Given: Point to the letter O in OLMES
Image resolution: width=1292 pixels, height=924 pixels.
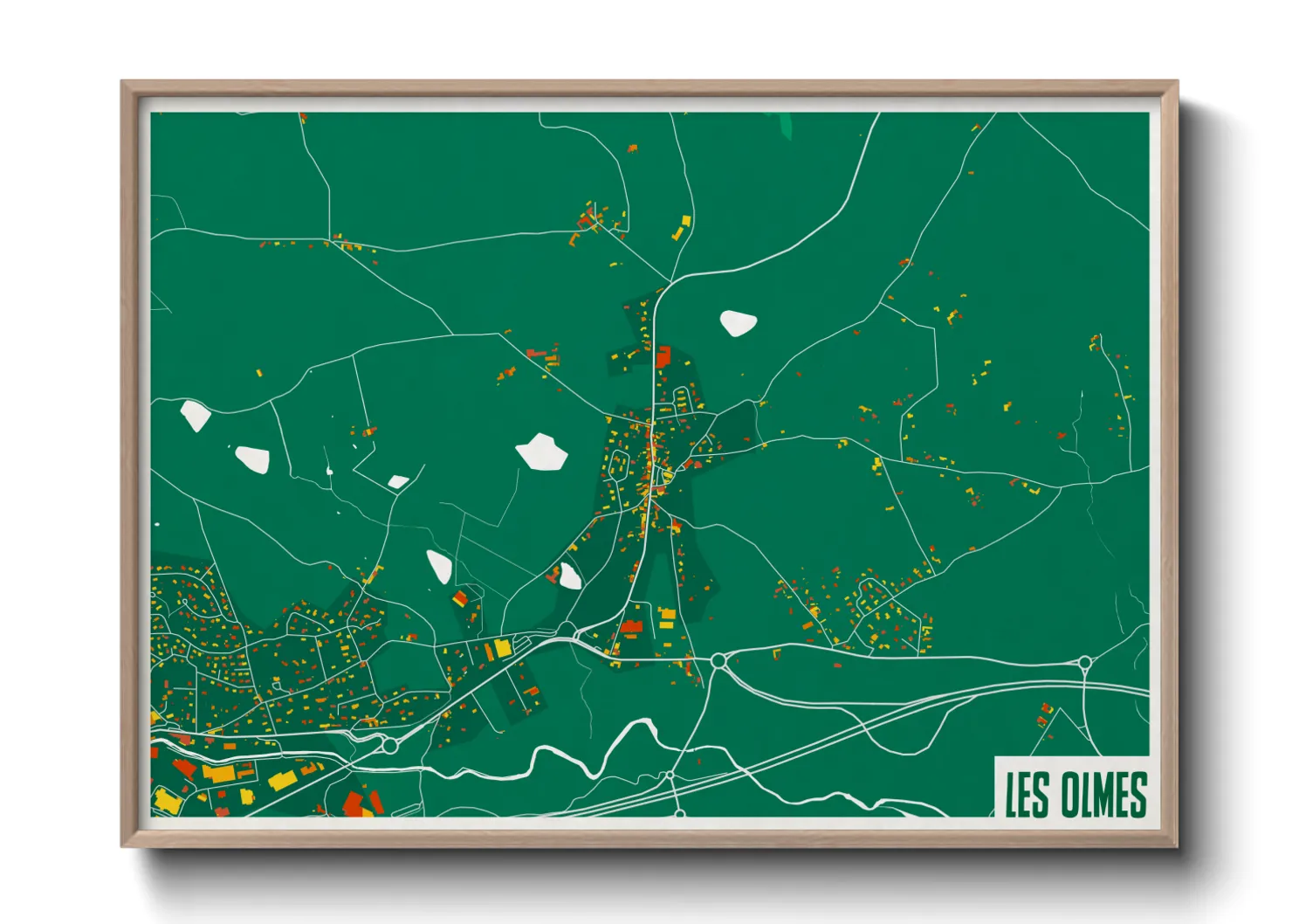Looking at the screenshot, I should tap(1070, 794).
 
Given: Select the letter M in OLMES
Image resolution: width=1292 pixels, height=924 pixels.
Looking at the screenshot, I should tap(1106, 794).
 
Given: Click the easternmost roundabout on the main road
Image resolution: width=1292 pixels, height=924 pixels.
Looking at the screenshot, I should tap(1084, 663).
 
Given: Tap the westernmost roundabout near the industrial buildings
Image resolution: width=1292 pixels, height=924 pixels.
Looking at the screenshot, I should tap(389, 745).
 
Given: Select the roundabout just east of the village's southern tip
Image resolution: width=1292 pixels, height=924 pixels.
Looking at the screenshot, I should tap(718, 662).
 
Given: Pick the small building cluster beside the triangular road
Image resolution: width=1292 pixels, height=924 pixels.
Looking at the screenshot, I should tap(1044, 716).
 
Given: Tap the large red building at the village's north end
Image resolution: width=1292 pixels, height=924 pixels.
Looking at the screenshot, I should tap(663, 356).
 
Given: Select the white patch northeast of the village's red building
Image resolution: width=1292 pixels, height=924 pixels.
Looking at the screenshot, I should tap(738, 323).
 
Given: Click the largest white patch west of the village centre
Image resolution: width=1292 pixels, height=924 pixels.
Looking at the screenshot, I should tap(542, 452).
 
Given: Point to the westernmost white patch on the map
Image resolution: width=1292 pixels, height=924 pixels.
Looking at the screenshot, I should tap(195, 416).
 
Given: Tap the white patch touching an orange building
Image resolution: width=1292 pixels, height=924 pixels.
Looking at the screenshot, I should tap(569, 576).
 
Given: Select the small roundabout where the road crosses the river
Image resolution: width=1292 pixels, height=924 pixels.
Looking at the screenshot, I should tap(670, 775).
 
